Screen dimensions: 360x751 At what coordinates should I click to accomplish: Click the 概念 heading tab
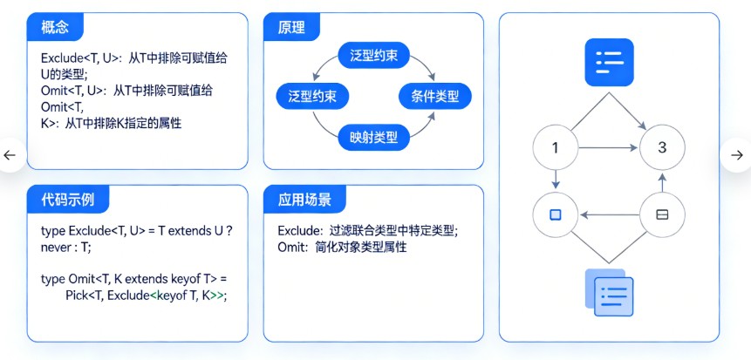(x=54, y=27)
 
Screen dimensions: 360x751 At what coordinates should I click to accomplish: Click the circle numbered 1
(x=556, y=148)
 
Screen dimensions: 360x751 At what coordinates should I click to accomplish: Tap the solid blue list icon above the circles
(x=608, y=63)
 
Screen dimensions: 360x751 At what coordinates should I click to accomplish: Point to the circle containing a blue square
(x=556, y=214)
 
